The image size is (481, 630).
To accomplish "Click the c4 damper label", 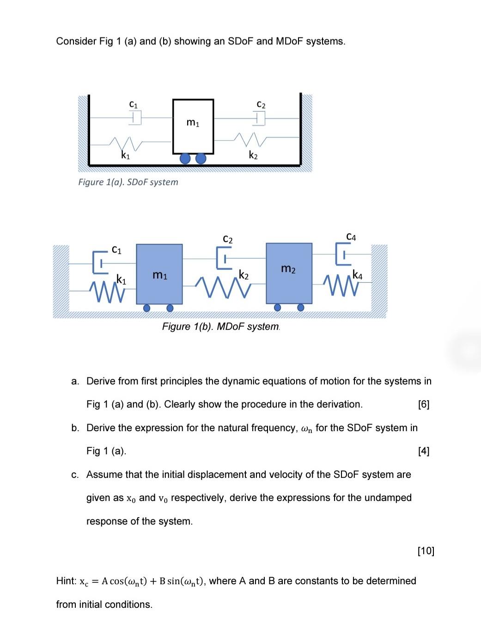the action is click(x=351, y=237).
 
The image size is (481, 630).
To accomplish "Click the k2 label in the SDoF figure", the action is click(x=253, y=155).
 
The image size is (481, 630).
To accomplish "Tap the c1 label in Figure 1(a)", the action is click(x=133, y=105).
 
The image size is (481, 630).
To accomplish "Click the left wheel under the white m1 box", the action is click(x=185, y=159).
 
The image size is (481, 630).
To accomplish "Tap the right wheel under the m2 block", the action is click(x=301, y=307).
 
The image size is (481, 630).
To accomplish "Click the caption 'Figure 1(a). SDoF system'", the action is click(x=128, y=182).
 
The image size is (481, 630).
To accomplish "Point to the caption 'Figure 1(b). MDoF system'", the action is click(x=221, y=327).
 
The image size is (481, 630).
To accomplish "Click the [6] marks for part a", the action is click(x=423, y=404).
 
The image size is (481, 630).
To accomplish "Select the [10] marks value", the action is click(x=426, y=550).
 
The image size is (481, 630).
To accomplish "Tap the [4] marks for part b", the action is click(x=423, y=451).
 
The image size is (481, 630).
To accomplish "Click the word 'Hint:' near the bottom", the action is click(x=66, y=581).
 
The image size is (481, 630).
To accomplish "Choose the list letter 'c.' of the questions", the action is click(x=75, y=475).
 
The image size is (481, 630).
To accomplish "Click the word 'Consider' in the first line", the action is click(x=76, y=41).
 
